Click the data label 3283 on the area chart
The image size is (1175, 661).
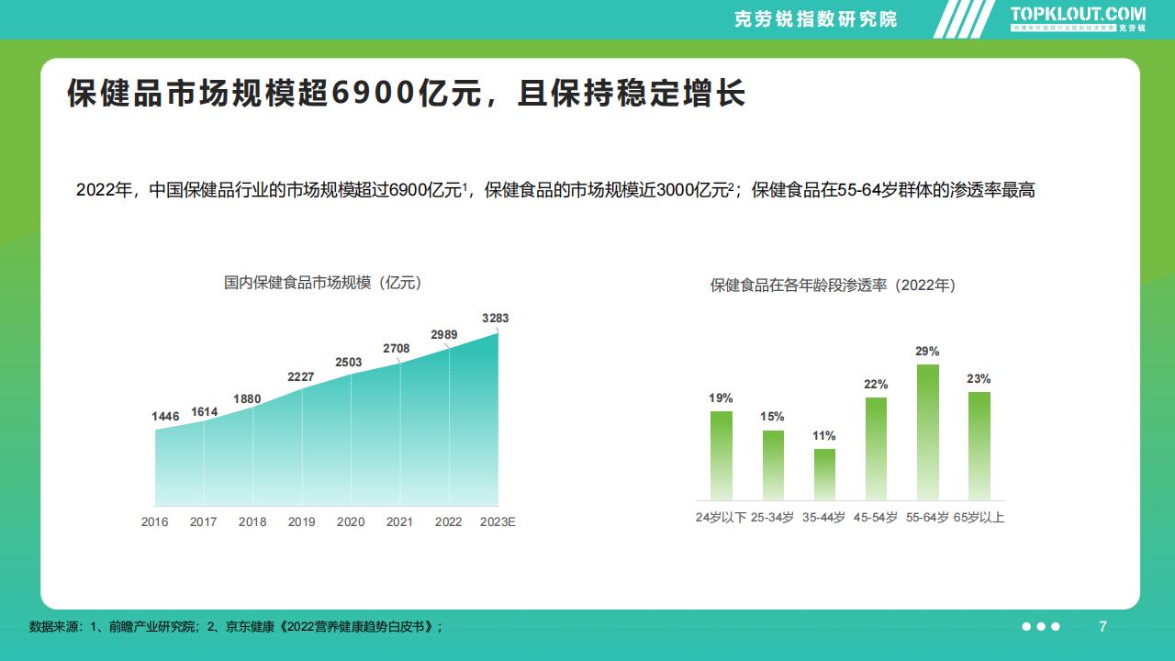tap(495, 319)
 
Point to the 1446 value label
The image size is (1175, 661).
tap(165, 417)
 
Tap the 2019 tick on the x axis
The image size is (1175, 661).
tap(301, 521)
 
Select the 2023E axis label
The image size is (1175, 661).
tap(498, 521)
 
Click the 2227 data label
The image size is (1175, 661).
tap(300, 377)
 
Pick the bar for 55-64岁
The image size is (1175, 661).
tap(927, 431)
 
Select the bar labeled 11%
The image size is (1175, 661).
tap(824, 474)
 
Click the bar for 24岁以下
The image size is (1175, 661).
tap(722, 454)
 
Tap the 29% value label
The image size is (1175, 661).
tap(927, 352)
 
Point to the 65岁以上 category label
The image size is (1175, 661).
tap(979, 517)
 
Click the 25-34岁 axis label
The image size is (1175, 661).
tap(772, 517)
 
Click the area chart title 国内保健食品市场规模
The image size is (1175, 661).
tap(322, 283)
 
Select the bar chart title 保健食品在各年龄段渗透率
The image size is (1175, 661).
tap(833, 286)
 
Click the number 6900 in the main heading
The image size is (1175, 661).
tap(372, 94)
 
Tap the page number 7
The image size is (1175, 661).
tap(1102, 626)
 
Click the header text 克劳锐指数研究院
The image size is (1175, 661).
tap(816, 19)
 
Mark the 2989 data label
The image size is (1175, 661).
tap(444, 335)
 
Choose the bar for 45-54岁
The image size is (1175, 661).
tap(876, 448)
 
